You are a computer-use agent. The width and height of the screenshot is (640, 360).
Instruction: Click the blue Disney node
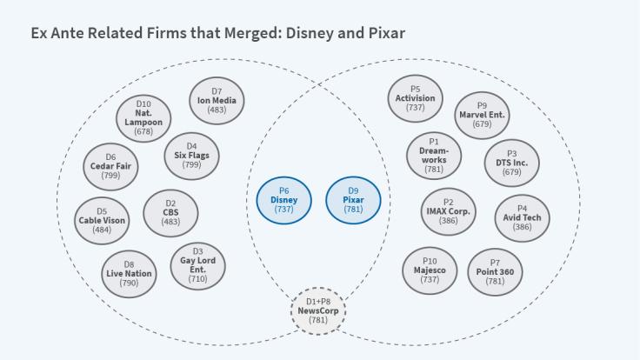point(283,200)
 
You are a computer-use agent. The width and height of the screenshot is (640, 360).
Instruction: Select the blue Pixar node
point(353,200)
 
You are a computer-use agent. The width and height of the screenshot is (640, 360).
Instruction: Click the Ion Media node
point(217,100)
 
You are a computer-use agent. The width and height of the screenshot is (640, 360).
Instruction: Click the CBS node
point(170,213)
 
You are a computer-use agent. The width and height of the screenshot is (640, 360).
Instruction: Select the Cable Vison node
point(102,220)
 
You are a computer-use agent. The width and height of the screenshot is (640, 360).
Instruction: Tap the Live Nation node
point(128,273)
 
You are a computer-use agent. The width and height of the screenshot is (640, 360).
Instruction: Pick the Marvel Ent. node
point(482,115)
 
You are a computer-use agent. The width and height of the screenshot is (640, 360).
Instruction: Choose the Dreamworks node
point(434,155)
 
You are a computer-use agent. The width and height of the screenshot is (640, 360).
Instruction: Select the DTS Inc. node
point(511,163)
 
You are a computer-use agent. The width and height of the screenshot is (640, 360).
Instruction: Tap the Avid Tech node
point(522,218)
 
